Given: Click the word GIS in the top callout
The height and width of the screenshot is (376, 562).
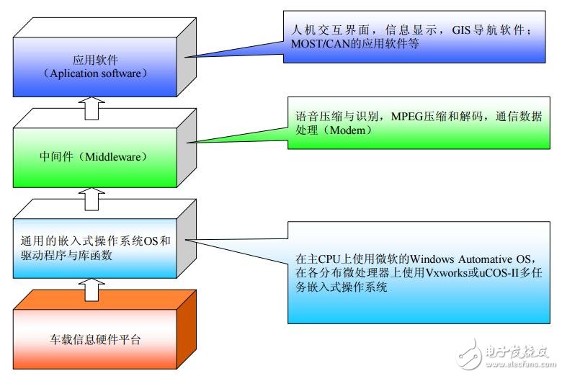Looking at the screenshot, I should pyautogui.click(x=440, y=30).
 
